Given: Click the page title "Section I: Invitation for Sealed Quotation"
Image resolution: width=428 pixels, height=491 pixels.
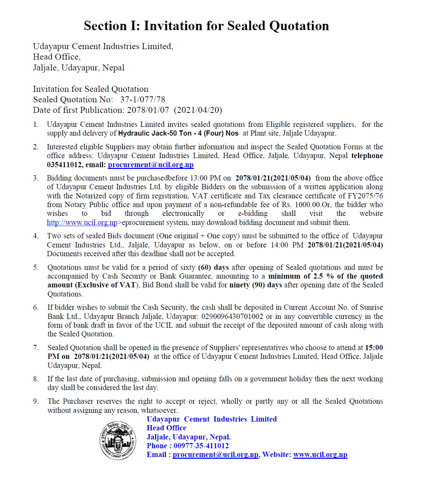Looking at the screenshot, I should (206, 26).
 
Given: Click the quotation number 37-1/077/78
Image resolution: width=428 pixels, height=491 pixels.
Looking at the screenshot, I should (142, 100).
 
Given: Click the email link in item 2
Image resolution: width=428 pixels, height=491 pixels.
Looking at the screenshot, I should (150, 165).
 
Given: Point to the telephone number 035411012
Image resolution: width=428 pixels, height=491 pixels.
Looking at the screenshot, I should (64, 165).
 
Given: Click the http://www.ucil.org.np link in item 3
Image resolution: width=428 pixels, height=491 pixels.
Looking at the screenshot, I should (82, 223).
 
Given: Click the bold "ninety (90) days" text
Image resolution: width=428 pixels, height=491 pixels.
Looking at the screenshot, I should (255, 285).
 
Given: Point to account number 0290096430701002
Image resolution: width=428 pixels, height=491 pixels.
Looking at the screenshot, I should (232, 316).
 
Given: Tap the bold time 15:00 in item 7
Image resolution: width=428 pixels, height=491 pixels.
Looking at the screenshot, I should (374, 348).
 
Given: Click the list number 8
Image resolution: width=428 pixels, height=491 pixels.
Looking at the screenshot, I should (36, 379).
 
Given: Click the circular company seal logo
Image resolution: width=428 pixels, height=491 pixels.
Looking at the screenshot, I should (118, 441).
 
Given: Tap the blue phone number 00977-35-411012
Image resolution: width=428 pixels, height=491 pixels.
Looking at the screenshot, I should (201, 446).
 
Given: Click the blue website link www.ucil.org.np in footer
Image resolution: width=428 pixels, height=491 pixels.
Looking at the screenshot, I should (320, 455).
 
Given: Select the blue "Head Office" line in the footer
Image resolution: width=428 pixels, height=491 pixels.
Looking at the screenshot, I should (167, 428).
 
